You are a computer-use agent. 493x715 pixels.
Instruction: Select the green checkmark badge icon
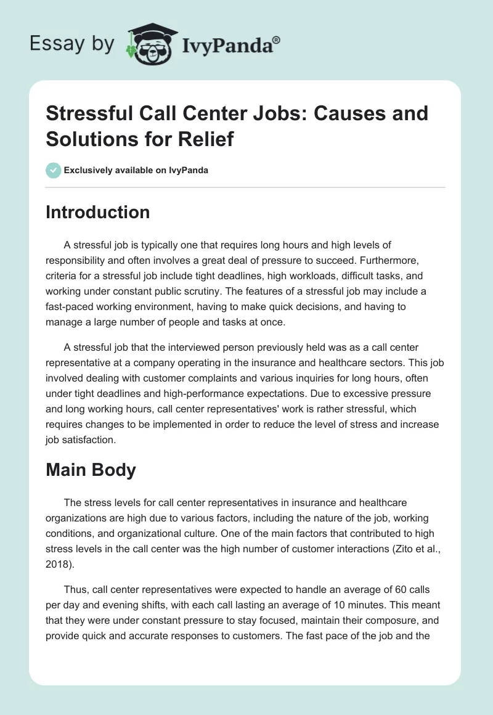[x=54, y=170]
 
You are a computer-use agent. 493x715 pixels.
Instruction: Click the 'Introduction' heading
[x=98, y=212]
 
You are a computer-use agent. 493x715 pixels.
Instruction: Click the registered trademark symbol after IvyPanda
[x=277, y=39]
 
